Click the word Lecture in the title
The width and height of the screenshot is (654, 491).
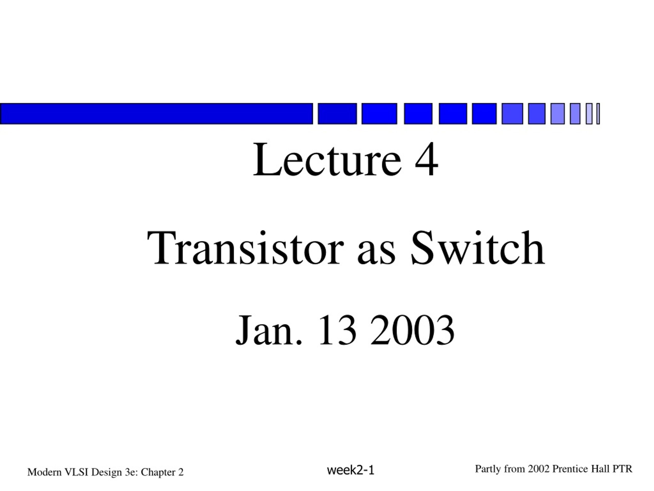click(328, 160)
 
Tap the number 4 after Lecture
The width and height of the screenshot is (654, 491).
click(426, 160)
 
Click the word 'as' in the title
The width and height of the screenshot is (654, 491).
click(376, 253)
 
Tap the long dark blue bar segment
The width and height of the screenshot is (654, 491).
click(156, 114)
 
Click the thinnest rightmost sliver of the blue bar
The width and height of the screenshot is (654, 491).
click(598, 114)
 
